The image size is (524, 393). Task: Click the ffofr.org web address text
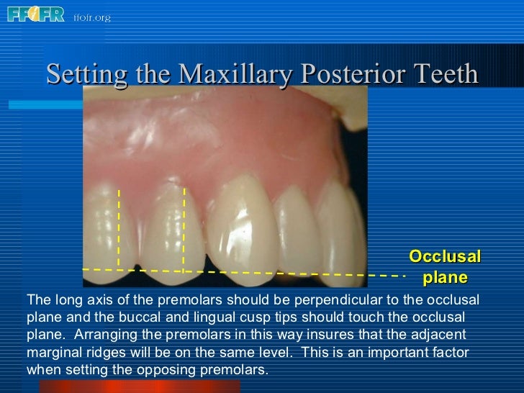91,17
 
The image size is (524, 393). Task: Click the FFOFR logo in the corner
35,14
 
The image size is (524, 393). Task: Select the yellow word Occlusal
444,257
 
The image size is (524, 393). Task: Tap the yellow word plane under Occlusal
445,277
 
